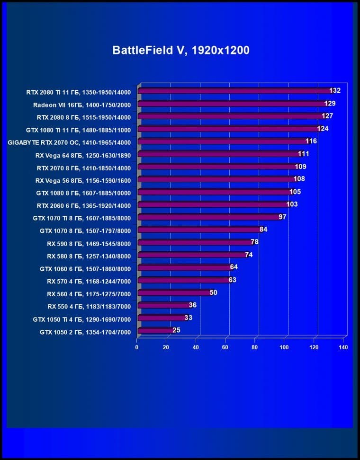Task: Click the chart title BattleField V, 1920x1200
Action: point(180,50)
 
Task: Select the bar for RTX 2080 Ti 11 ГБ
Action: point(234,91)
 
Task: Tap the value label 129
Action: point(330,103)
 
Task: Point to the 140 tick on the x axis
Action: point(343,347)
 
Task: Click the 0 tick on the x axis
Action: point(137,347)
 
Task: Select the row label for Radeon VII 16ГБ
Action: point(81,104)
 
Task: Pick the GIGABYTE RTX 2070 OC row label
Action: point(69,142)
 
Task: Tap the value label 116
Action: point(311,141)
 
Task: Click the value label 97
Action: point(282,217)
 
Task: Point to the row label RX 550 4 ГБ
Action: point(89,306)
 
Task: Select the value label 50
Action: point(213,292)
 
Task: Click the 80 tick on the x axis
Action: point(255,347)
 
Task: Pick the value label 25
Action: point(176,330)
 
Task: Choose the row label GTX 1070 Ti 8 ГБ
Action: point(81,218)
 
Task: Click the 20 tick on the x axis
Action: point(166,347)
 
